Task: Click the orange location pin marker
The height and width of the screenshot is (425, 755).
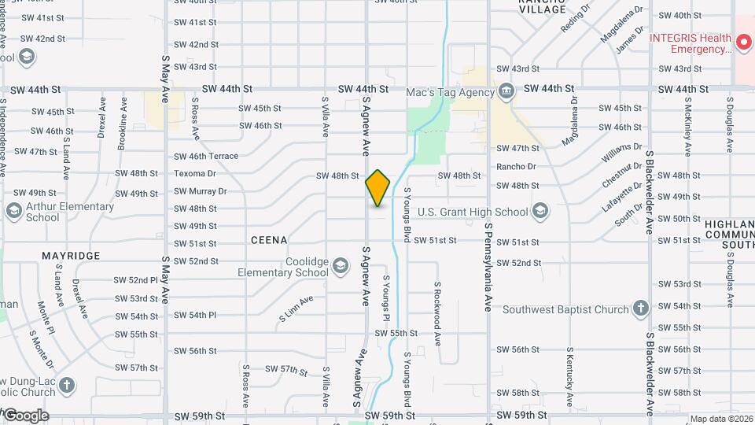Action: tap(377, 188)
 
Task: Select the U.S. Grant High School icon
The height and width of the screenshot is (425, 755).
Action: tap(540, 210)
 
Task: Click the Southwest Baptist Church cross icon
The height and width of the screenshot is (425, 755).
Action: tap(641, 308)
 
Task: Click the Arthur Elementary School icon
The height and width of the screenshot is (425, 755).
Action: tap(13, 211)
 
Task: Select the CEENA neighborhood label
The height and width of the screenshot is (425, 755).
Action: tap(269, 239)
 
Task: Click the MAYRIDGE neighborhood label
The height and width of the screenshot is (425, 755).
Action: tap(71, 257)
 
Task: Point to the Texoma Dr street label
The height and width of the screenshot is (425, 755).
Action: tap(194, 173)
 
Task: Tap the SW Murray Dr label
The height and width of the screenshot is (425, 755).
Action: tap(201, 191)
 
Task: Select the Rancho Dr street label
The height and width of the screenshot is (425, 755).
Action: tap(516, 166)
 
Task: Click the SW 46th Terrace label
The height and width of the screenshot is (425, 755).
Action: tap(205, 157)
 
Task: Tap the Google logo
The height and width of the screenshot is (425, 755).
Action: tap(25, 416)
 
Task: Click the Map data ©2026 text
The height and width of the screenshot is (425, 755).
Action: tap(721, 419)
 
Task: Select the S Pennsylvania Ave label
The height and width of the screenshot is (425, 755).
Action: tap(488, 267)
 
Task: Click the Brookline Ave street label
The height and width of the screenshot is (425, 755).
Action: tap(123, 124)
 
